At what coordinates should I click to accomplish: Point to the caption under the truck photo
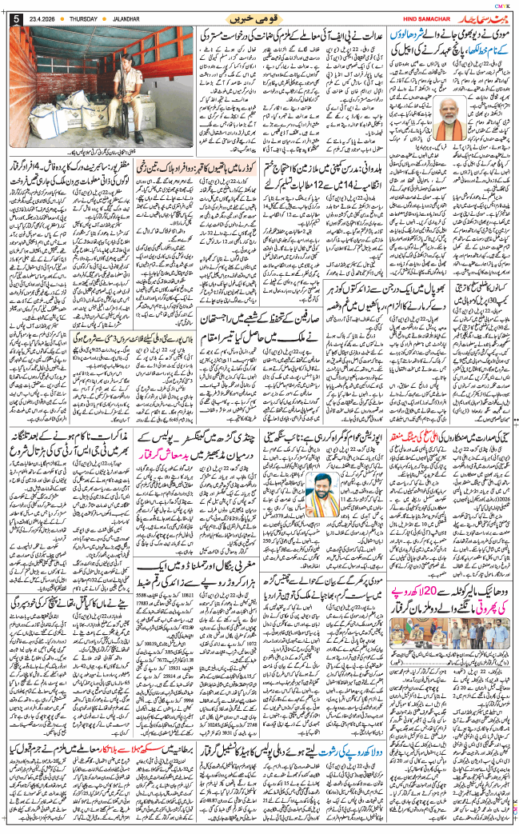tap(101, 153)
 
